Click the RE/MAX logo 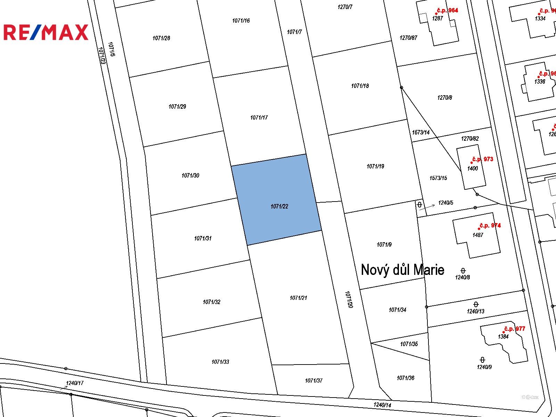(46, 32)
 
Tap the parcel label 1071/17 (259, 118)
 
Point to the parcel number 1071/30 (190, 175)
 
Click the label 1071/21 (298, 298)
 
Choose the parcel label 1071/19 (375, 166)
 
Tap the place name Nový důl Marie (402, 270)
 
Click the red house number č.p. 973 (482, 159)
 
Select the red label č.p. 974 (490, 226)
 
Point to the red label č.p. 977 (514, 329)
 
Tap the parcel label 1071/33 (220, 362)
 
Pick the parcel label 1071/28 (161, 38)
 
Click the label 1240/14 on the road (382, 405)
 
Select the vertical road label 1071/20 (349, 300)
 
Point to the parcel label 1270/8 (444, 98)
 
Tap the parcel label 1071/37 (313, 381)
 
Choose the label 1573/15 (438, 178)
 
